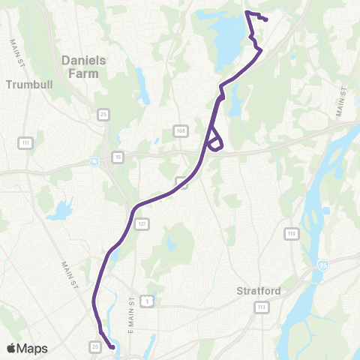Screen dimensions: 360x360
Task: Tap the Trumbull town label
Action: coord(27,85)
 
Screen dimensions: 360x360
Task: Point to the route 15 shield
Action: coord(118,156)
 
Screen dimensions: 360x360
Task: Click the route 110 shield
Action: coord(290,234)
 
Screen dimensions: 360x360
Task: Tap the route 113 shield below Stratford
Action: coord(261,307)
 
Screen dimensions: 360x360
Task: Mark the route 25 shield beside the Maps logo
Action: coord(95,346)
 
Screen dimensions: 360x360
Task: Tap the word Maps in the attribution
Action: coord(33,348)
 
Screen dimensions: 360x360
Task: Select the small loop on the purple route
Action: coord(214,139)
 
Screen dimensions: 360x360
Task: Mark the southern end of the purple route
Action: coord(112,347)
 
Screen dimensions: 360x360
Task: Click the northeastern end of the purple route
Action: coord(266,19)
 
